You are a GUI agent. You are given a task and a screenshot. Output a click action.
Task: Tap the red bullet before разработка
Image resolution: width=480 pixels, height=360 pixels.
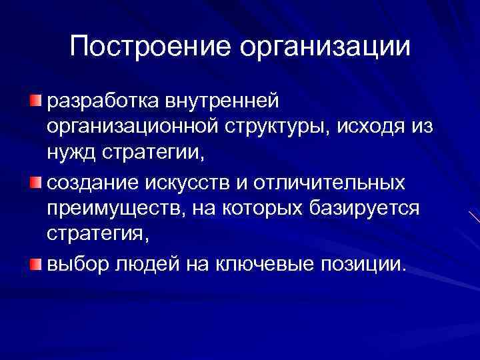pos(35,100)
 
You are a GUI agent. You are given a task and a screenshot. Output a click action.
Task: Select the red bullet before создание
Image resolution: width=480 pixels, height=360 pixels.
pos(35,183)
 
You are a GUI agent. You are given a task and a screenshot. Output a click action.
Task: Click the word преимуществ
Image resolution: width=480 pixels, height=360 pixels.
pos(109,210)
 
